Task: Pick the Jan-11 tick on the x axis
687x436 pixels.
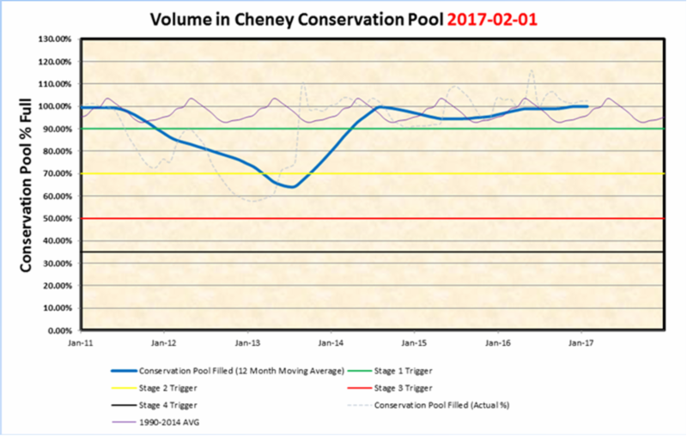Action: point(81,342)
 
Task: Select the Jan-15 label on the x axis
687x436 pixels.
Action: point(414,342)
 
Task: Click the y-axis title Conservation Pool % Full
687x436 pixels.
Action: point(27,185)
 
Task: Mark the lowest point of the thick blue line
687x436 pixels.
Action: point(292,186)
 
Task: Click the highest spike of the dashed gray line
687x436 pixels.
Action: point(532,70)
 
